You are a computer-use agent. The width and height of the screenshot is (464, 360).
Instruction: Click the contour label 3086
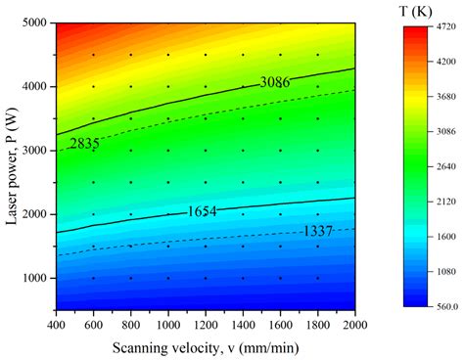point(274,81)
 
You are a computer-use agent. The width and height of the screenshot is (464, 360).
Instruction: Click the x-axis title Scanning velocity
point(204,345)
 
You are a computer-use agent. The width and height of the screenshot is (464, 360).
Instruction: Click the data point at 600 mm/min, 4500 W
point(93,55)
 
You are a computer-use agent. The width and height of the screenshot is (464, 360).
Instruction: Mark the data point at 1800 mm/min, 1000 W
point(317,279)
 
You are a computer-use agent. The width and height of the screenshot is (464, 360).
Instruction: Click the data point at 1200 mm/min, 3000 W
point(205,151)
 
